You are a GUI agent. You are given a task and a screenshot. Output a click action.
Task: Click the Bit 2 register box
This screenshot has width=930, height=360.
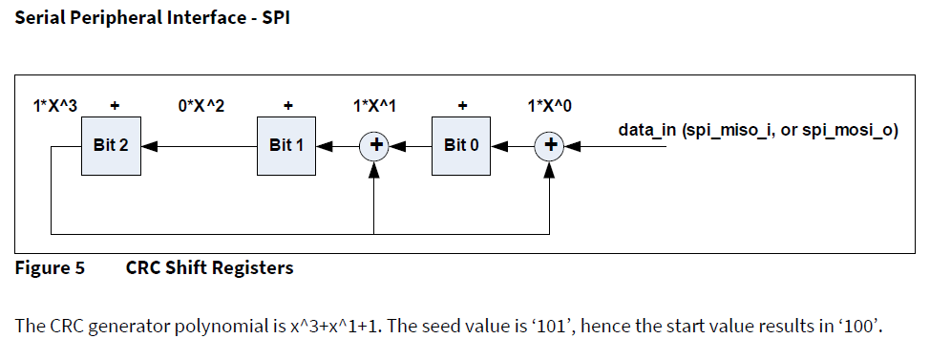click(111, 146)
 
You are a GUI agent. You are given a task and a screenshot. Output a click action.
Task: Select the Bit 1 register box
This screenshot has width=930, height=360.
click(287, 146)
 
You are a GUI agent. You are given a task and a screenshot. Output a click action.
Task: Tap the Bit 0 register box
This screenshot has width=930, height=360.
click(462, 146)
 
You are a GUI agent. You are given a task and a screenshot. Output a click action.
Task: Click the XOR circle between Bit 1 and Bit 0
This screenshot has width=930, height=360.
click(374, 146)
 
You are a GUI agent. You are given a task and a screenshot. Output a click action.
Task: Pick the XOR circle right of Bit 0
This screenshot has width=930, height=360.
click(550, 146)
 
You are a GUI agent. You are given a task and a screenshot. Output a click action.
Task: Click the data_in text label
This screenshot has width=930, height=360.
click(647, 130)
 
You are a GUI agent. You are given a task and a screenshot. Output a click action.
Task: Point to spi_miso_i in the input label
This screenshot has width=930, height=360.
click(725, 130)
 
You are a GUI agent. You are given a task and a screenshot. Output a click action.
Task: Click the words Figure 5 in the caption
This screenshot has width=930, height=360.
click(50, 268)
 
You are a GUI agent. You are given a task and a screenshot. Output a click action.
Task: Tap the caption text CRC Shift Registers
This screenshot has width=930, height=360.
click(209, 268)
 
